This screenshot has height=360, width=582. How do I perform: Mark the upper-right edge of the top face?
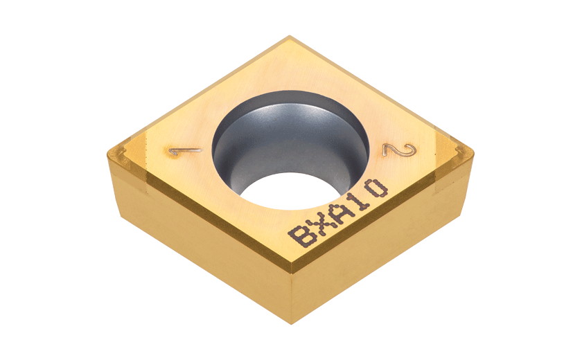click(x=381, y=90)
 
